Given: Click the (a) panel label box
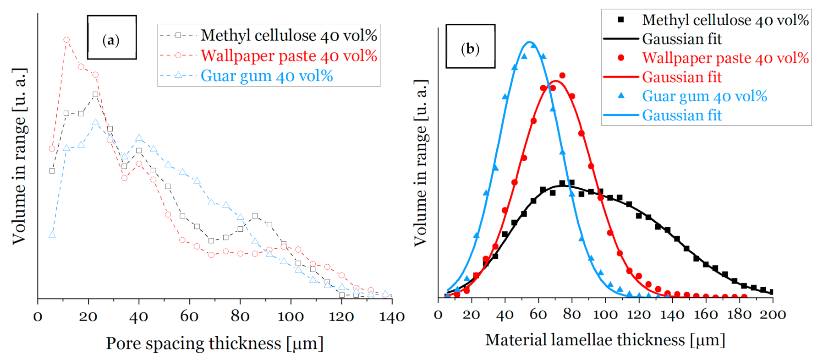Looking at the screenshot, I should pyautogui.click(x=112, y=38).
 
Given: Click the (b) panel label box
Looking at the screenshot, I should pyautogui.click(x=470, y=46).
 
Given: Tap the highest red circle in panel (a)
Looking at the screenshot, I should pyautogui.click(x=66, y=40).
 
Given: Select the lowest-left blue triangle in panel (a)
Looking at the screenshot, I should pyautogui.click(x=52, y=235).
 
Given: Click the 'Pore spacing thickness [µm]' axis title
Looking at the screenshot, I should pyautogui.click(x=214, y=344).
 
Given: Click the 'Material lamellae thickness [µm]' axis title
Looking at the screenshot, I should pyautogui.click(x=605, y=340).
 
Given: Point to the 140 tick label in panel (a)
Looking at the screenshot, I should pyautogui.click(x=392, y=317).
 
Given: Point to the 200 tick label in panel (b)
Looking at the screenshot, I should pyautogui.click(x=773, y=315).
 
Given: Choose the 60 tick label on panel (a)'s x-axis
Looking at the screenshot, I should pyautogui.click(x=189, y=317).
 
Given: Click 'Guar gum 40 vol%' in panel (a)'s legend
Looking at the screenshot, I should pyautogui.click(x=267, y=76).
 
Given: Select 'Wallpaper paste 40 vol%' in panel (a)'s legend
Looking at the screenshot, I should pyautogui.click(x=289, y=56).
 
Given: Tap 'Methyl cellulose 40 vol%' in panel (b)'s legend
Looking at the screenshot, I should pyautogui.click(x=725, y=20).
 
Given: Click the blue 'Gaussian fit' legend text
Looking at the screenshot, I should pyautogui.click(x=682, y=115).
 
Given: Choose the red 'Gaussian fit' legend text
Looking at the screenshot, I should pyautogui.click(x=682, y=77).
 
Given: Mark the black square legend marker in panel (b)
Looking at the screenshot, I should pyautogui.click(x=621, y=20).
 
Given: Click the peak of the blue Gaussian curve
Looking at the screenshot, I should pyautogui.click(x=530, y=42).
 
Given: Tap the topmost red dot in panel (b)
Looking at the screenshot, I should pyautogui.click(x=562, y=76).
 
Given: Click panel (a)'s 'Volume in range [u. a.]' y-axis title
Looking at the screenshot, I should pyautogui.click(x=19, y=156).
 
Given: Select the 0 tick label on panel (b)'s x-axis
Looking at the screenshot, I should pyautogui.click(x=438, y=315).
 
